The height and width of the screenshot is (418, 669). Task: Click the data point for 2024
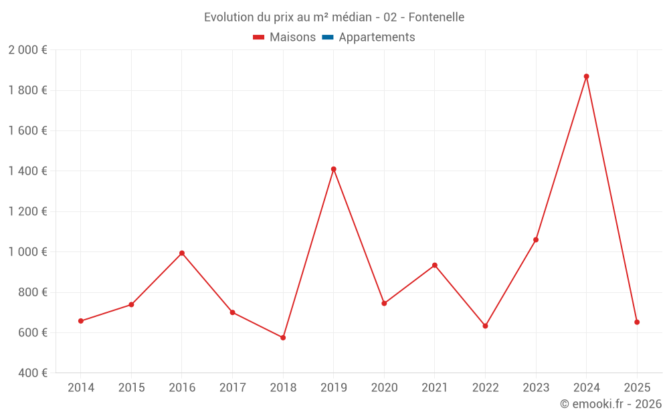tap(586, 76)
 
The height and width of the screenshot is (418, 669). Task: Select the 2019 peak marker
tap(333, 169)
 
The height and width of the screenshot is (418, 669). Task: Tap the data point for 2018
tap(283, 338)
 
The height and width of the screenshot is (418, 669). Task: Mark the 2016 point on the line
tap(182, 253)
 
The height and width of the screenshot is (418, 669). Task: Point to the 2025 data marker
tap(637, 322)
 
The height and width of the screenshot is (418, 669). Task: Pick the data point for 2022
tap(485, 326)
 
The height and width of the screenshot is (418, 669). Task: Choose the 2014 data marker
tap(81, 321)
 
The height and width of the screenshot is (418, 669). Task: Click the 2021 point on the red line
tap(435, 266)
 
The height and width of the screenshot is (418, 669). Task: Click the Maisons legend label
tap(292, 37)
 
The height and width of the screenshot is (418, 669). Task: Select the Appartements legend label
tap(377, 37)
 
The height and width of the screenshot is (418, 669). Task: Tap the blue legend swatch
tap(328, 37)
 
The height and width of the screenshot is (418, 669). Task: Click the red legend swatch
tap(259, 37)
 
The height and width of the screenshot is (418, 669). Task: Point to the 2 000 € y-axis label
tap(27, 50)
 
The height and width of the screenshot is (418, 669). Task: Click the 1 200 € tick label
tap(27, 212)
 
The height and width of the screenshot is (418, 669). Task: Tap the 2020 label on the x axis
tap(384, 388)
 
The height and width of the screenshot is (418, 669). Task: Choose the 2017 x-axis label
tap(232, 388)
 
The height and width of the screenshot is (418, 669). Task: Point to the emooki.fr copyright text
tap(610, 404)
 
